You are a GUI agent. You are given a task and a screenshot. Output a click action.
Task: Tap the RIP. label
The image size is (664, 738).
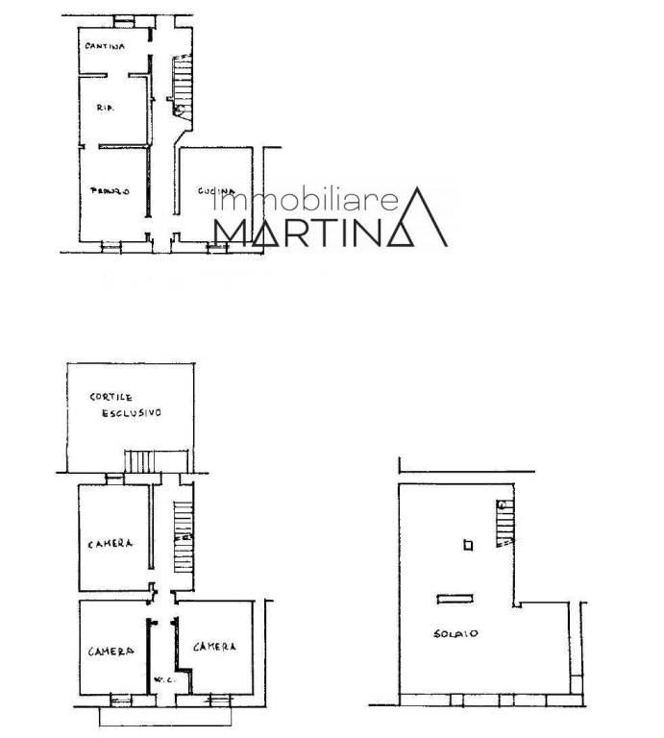tap(106, 110)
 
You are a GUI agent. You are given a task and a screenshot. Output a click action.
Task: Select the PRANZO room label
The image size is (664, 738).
tap(110, 190)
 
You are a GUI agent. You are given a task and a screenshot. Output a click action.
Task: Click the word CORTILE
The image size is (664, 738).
tap(111, 396)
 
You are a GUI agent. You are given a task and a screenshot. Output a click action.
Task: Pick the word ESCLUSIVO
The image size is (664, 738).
tap(132, 413)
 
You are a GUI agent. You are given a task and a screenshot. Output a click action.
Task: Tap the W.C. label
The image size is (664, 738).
tap(162, 680)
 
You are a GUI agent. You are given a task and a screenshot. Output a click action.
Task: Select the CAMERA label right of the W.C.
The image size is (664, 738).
tap(215, 647)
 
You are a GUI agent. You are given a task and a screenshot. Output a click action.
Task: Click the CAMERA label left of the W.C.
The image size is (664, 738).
tap(111, 652)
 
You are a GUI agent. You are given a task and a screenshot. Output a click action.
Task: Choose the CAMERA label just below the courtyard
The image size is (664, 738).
tap(110, 544)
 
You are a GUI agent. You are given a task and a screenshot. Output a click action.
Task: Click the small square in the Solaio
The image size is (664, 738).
tap(468, 546)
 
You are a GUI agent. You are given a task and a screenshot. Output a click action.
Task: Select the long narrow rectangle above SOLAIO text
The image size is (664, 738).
tap(453, 599)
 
